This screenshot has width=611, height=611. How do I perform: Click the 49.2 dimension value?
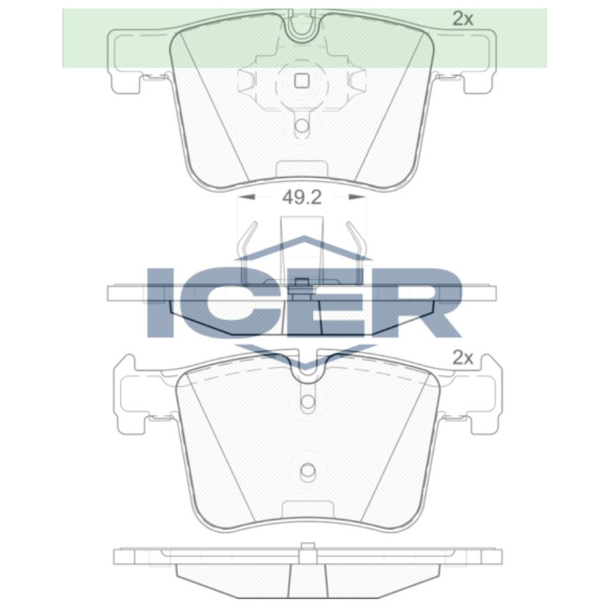(x=301, y=197)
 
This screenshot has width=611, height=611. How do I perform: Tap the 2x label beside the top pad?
(x=463, y=19)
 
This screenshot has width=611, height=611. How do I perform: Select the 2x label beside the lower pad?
(x=463, y=357)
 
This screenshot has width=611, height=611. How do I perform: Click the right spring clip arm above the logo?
(x=354, y=241)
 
